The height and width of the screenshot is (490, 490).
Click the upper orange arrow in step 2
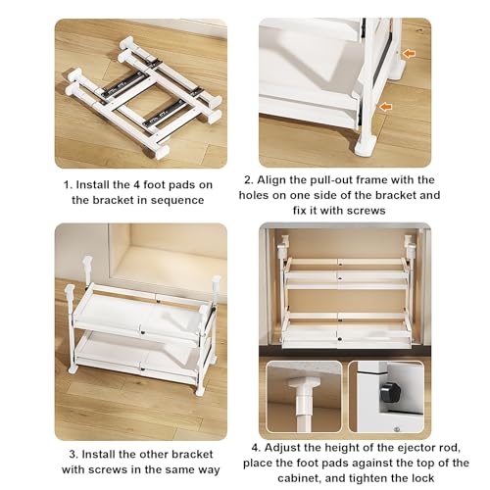pos(409,54)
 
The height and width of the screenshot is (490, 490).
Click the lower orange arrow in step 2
pos(386,106)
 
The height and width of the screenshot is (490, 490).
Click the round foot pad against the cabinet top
pos(304,382)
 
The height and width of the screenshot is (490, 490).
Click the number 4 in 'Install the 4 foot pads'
pos(137,185)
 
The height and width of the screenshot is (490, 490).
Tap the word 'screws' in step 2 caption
pos(366,211)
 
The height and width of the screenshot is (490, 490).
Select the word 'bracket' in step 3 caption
pos(192,454)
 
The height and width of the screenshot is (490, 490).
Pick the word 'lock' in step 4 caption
pos(422,478)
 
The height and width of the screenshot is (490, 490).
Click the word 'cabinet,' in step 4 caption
pos(300,478)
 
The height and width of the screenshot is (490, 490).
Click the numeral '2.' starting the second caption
pos(249,180)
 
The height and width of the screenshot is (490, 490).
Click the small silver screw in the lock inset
pos(397,429)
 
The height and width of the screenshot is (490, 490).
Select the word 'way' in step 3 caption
pos(209,469)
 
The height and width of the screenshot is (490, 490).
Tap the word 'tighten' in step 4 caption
pos(368,478)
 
